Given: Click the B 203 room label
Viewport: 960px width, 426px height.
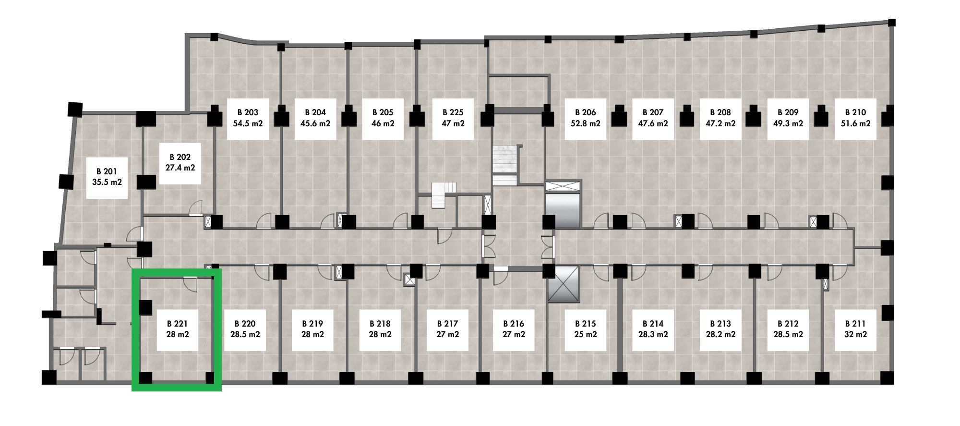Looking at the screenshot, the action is point(248,112).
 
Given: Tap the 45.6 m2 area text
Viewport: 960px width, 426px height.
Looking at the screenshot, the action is point(315,123).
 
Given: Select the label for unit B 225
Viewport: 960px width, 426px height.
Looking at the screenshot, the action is point(453,112).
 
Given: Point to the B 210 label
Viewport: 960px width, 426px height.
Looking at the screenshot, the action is point(856,112).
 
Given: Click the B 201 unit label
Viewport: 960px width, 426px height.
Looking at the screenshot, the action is point(107,171).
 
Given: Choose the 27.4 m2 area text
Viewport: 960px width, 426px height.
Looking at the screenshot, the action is point(180,168).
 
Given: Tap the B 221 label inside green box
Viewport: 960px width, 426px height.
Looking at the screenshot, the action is point(177,324).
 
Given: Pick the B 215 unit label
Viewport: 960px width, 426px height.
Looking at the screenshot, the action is point(586,324).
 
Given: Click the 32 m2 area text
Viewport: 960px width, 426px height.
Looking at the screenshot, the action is point(856,334).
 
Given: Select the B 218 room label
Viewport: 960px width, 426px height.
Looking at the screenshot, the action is point(380,324).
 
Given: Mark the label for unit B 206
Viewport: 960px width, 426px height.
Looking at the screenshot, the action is point(586,112).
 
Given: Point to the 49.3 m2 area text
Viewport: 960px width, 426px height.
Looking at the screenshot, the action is point(788,123).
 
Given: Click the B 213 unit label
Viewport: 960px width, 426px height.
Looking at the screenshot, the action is point(721,324).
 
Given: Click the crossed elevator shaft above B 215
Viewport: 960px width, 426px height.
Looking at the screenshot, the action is point(564,284).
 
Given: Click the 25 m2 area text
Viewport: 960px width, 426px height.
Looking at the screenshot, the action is point(586,334).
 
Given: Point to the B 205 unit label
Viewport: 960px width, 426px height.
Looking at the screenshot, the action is point(383,112).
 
